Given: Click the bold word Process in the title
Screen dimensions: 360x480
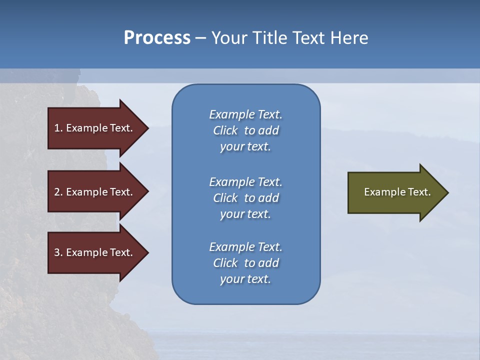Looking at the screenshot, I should click(157, 38).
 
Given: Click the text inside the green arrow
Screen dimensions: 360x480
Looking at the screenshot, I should click(397, 192).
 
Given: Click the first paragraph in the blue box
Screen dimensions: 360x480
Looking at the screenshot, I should click(245, 130).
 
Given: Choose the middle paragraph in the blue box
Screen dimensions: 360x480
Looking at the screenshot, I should click(245, 198).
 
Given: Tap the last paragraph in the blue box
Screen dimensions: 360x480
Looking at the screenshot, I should click(245, 263).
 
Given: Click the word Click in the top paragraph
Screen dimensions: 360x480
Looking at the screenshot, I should click(225, 130).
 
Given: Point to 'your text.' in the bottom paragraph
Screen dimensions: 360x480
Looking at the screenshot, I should click(245, 279).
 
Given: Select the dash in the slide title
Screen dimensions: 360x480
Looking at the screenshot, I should click(200, 38).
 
